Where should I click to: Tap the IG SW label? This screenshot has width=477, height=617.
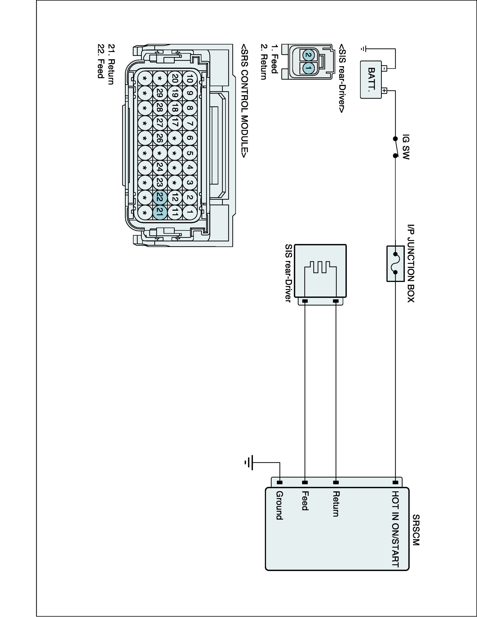point(406,147)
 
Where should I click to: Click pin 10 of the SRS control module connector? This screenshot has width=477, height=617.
point(190,79)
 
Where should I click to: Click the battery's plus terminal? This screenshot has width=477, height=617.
point(384,91)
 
